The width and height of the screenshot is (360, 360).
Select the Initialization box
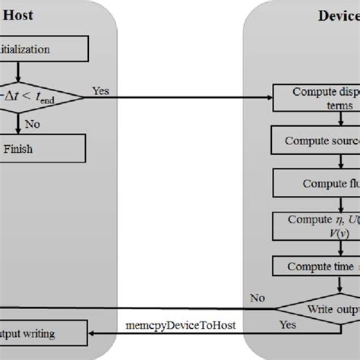coord(38,50)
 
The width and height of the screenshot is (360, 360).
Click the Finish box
coord(38,150)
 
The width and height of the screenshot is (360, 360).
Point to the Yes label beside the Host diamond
coord(100,90)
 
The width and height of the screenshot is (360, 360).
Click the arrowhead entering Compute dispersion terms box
coord(270,97)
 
